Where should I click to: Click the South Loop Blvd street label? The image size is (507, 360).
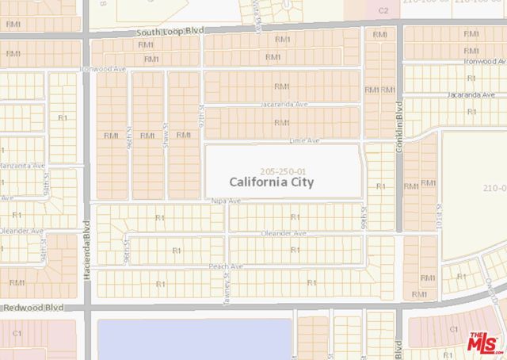coord(168,30)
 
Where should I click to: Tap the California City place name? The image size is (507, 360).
coord(272,182)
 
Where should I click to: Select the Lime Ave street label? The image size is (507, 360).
coord(305,140)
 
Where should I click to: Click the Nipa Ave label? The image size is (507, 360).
coord(226,201)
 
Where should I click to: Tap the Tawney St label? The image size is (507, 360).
coord(226,283)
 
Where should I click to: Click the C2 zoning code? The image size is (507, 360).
coord(383,10)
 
